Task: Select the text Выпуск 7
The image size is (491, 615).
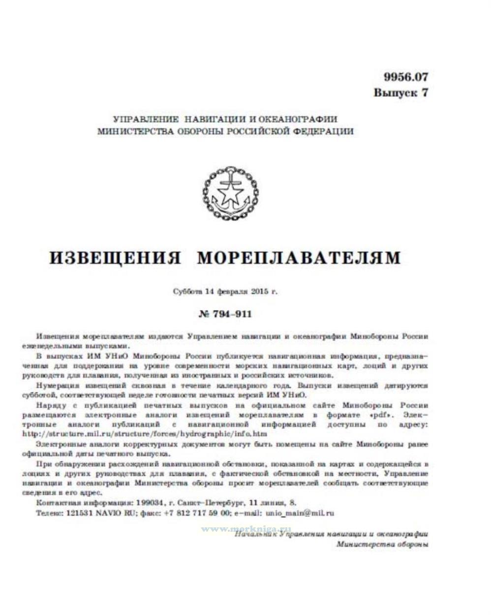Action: (x=400, y=93)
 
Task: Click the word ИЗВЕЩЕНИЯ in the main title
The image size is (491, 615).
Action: (x=116, y=258)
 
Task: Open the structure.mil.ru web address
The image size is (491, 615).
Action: (x=145, y=434)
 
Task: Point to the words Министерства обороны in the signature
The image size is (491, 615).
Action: (x=382, y=544)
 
